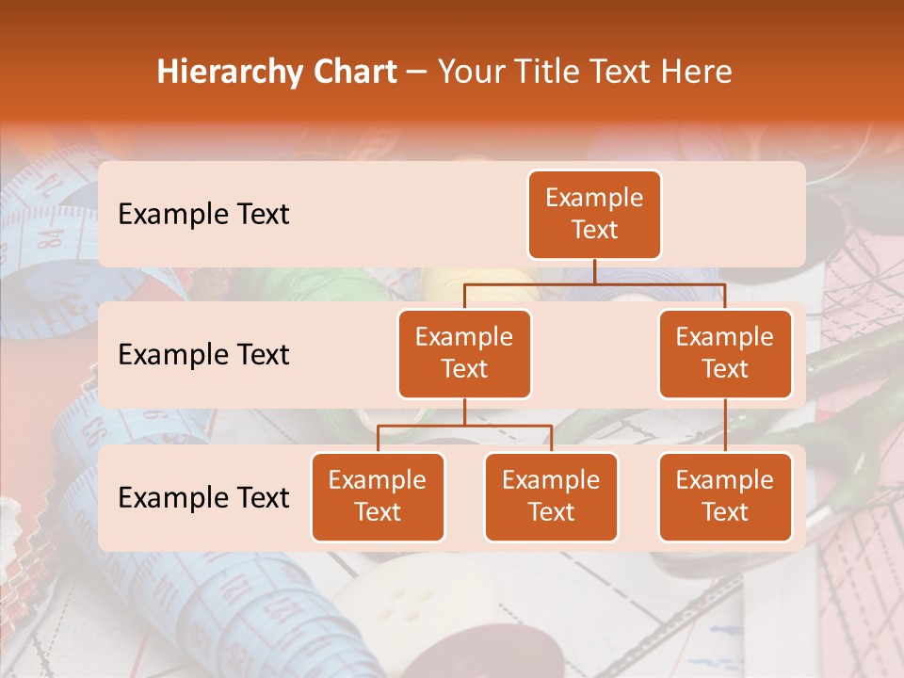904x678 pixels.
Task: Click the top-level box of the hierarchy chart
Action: point(594,215)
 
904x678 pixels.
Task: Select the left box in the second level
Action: point(464,354)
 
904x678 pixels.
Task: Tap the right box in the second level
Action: point(725,354)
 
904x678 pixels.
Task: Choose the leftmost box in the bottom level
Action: point(378,497)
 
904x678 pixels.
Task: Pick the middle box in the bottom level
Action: point(551,497)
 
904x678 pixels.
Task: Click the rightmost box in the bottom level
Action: point(725,497)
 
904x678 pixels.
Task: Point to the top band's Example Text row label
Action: point(203,215)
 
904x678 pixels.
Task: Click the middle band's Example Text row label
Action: point(203,355)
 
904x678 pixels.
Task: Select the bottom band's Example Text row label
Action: point(203,498)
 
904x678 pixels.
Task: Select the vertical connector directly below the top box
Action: point(594,271)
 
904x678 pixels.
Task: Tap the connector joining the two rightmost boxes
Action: point(725,426)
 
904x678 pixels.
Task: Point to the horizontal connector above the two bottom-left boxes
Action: point(464,426)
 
